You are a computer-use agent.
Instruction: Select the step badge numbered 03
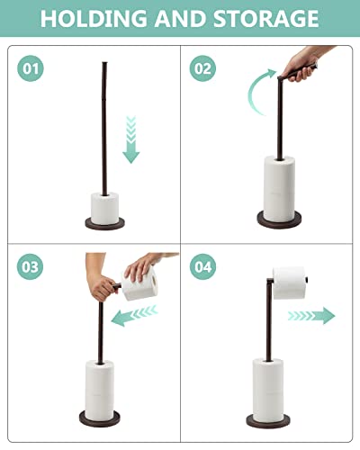click(31, 266)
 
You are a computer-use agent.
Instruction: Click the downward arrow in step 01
click(131, 139)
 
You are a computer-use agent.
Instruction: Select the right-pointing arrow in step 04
click(310, 315)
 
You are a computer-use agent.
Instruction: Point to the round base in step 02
click(280, 221)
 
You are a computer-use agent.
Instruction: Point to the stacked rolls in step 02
click(280, 184)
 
